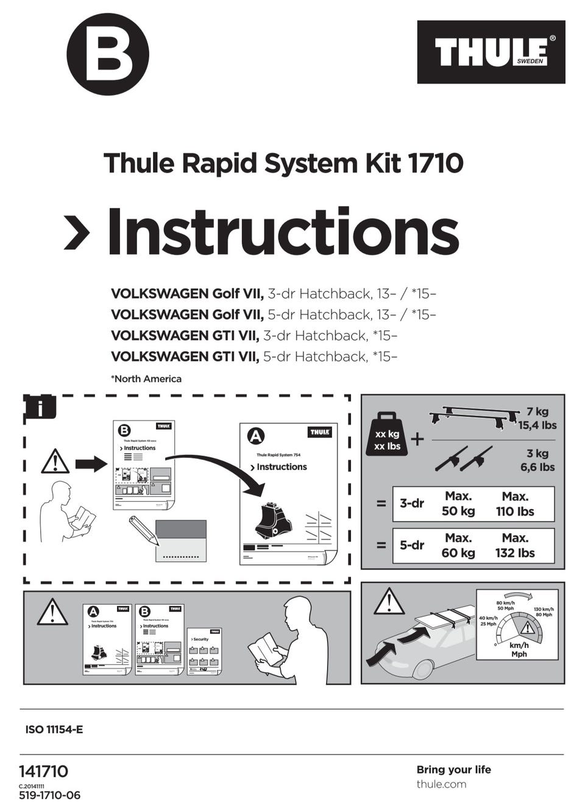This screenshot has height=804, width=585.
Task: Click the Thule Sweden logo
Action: (491, 52)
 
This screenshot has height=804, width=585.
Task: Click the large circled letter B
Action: (108, 54)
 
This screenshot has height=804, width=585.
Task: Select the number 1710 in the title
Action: (434, 163)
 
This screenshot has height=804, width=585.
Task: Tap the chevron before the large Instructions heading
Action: (77, 232)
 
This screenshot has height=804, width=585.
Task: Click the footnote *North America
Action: (146, 379)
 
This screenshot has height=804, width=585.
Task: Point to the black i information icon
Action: (40, 407)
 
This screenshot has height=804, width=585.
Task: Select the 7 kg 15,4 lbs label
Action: (537, 419)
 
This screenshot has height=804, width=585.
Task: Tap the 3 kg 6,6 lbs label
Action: (537, 460)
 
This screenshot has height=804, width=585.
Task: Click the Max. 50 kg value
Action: (458, 504)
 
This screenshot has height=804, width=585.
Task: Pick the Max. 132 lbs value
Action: (515, 546)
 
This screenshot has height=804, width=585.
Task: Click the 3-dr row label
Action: (412, 503)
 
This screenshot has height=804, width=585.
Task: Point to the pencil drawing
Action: (144, 530)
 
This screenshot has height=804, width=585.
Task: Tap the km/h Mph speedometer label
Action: (519, 649)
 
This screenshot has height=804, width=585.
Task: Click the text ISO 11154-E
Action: (54, 729)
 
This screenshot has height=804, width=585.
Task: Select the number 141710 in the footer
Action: (44, 771)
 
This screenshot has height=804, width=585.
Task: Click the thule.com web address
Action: (441, 784)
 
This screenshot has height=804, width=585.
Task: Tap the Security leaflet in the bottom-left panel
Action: (204, 652)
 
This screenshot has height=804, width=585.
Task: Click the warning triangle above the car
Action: (389, 602)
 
